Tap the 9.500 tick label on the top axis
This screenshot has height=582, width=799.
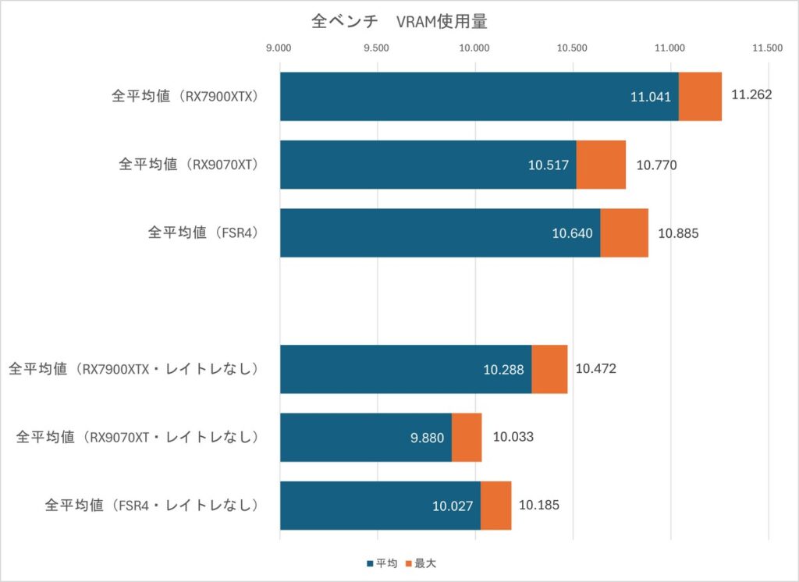(x=377, y=48)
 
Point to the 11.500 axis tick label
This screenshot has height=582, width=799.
(x=768, y=48)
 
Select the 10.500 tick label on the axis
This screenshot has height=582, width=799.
(x=573, y=48)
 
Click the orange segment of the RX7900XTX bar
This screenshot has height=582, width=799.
(x=700, y=97)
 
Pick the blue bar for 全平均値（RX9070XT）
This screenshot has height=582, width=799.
(x=428, y=165)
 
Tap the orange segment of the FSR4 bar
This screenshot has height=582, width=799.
(x=624, y=232)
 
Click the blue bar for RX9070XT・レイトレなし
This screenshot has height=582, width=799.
(x=365, y=438)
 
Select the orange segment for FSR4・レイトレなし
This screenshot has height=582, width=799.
(x=495, y=506)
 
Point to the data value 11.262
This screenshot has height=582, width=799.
(x=751, y=95)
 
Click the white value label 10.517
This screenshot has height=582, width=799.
(x=548, y=165)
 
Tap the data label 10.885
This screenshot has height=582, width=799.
(x=678, y=232)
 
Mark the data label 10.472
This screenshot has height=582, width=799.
(x=596, y=368)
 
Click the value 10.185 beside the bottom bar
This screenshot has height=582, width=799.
(x=538, y=506)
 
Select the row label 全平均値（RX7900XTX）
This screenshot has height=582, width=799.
(x=184, y=97)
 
